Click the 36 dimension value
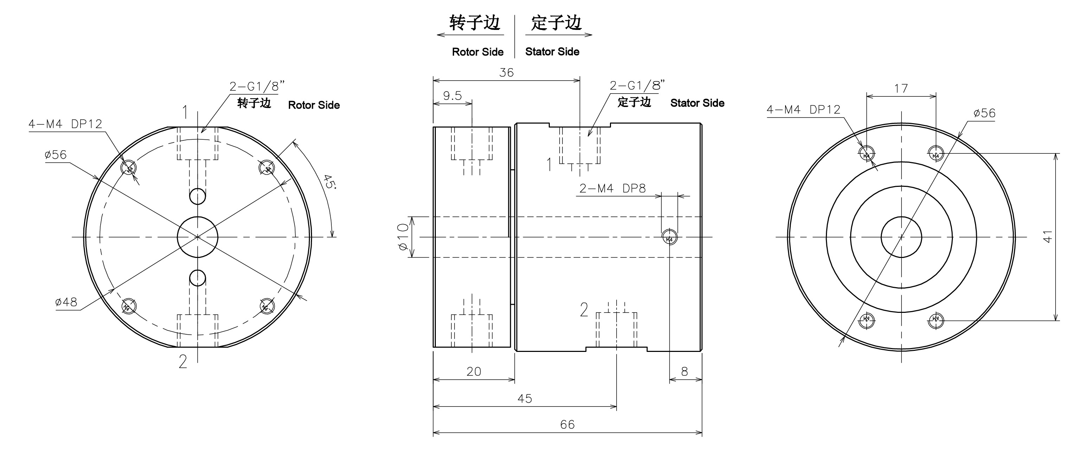coord(506,73)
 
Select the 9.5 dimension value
coord(452,96)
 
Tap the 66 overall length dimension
coord(567,424)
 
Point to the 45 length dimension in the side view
coord(524,398)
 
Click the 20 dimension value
coord(474,372)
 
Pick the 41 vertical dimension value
coord(1048,236)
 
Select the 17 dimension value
coord(901,89)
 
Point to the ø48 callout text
coord(66,302)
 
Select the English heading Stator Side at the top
coord(552,52)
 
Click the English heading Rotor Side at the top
coord(478,52)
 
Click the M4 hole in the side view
coord(669,238)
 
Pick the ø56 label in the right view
coord(984,113)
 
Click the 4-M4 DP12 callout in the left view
coord(65,124)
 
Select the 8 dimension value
coord(685,372)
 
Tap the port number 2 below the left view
coord(183,361)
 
